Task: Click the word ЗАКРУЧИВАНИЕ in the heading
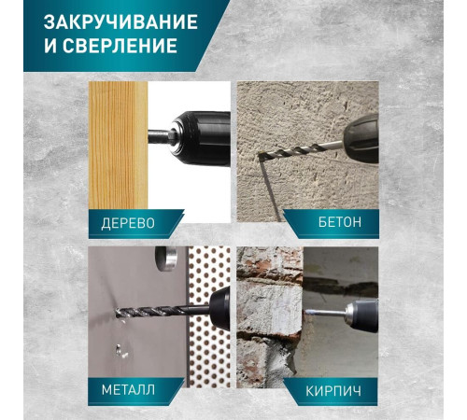120,21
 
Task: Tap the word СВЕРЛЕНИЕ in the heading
120,46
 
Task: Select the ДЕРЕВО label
128,223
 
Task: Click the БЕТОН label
340,222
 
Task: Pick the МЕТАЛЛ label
128,389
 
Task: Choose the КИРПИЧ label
333,391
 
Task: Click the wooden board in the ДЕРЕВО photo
118,146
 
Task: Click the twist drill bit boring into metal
162,311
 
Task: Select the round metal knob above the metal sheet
166,258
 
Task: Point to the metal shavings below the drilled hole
121,351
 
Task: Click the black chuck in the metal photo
220,309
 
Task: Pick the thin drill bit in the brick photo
325,313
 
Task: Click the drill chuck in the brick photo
362,315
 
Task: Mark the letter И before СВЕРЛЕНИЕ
50,46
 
